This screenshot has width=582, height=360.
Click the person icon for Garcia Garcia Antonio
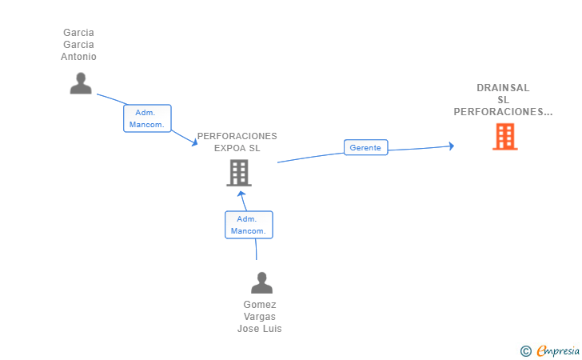(81, 83)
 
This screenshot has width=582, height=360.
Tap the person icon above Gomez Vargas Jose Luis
(261, 282)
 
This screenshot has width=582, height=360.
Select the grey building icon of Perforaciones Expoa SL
(239, 173)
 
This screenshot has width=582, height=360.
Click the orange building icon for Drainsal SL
(505, 137)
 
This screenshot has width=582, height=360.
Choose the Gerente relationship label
(365, 147)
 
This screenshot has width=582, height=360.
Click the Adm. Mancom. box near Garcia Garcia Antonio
(147, 118)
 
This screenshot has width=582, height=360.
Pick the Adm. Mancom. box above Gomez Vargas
(249, 225)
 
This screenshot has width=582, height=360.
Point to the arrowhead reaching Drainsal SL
(452, 146)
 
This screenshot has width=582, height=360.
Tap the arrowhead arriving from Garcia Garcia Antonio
(194, 142)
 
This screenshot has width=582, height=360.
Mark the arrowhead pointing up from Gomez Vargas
(241, 194)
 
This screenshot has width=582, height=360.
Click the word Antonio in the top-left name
(78, 57)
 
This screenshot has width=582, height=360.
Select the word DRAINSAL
(503, 88)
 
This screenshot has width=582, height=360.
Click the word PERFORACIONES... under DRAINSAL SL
(503, 112)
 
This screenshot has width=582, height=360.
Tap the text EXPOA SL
(237, 148)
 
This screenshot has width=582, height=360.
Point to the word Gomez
(260, 305)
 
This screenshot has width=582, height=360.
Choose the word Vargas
(260, 317)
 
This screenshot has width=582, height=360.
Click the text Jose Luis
(260, 329)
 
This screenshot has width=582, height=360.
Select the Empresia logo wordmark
(558, 351)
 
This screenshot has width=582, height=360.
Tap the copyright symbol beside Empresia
(526, 351)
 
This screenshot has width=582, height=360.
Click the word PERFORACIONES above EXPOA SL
(237, 136)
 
